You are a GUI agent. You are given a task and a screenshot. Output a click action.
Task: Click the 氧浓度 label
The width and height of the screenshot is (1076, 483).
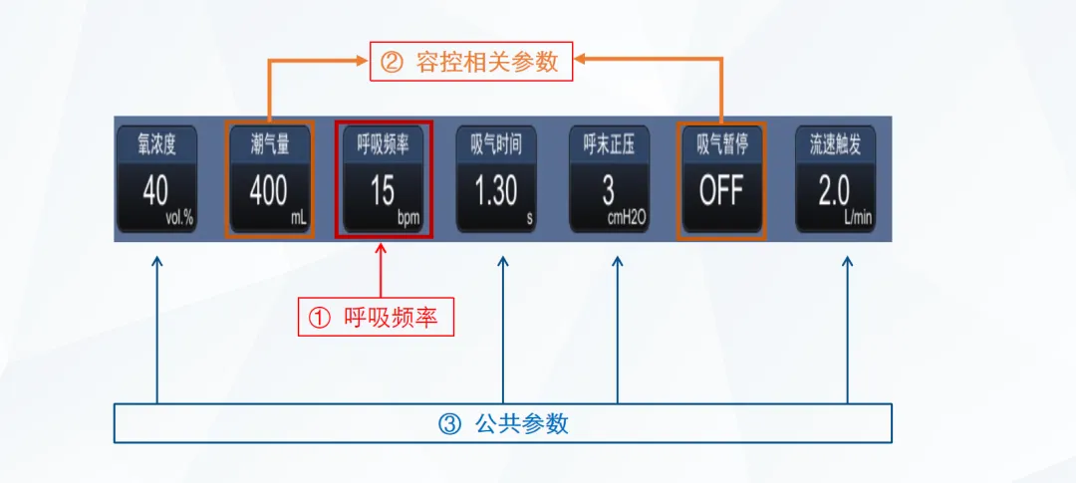[x=156, y=145]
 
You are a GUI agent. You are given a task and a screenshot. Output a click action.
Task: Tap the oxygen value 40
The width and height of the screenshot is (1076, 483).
[x=155, y=189]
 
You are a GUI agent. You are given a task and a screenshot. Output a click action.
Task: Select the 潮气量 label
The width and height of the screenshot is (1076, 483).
[x=269, y=145]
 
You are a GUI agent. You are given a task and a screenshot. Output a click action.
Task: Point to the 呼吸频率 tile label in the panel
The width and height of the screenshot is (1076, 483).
[x=383, y=145]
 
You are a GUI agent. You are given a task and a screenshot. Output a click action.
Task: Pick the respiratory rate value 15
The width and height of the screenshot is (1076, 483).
[x=382, y=190]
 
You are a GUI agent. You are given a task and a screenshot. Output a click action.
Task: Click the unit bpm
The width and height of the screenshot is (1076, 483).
[x=408, y=215]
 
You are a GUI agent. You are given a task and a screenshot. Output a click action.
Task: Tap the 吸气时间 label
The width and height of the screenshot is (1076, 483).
[x=496, y=145]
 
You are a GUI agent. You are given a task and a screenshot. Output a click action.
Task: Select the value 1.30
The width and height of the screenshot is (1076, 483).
[x=495, y=190]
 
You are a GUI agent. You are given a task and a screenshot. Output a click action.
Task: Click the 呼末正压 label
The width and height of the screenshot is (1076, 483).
[x=609, y=145]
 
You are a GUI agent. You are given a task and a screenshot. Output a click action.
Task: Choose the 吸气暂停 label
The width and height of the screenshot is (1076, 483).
[x=722, y=145]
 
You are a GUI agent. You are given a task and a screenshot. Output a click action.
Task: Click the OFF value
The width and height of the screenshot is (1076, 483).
[x=721, y=190]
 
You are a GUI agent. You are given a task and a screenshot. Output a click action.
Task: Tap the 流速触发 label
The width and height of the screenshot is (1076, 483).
[x=835, y=145]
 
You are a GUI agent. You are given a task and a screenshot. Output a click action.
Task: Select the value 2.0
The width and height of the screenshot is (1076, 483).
[x=834, y=190]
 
